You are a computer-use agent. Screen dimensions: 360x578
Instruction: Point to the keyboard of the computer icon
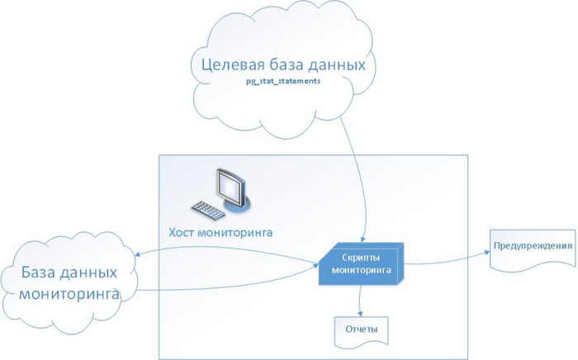coord(206,211)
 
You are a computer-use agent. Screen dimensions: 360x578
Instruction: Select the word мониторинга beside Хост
coord(239,233)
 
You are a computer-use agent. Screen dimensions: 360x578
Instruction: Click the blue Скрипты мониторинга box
coord(359,263)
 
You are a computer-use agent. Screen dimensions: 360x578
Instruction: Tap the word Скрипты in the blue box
coord(358,256)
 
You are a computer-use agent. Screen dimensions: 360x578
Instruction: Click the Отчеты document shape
coord(361,329)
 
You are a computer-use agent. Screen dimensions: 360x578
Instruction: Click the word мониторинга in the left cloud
coord(69,293)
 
